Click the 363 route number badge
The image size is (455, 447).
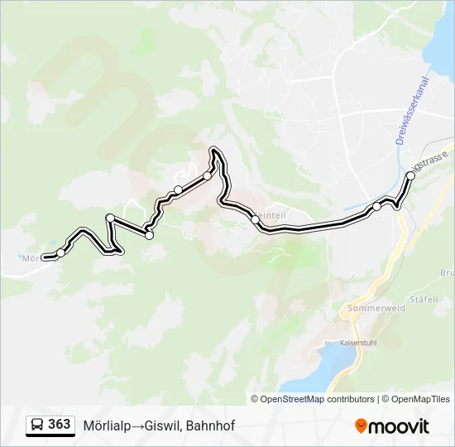pyautogui.click(x=59, y=425)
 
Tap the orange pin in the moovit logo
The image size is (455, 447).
pyautogui.click(x=361, y=425)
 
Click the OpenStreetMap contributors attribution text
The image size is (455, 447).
pyautogui.click(x=317, y=399)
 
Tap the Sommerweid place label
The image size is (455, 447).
pyautogui.click(x=377, y=308)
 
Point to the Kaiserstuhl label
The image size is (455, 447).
pyautogui.click(x=358, y=342)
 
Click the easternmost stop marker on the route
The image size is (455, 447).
pyautogui.click(x=411, y=175)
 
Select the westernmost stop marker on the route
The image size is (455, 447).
pyautogui.click(x=60, y=252)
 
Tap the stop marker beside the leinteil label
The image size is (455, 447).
pyautogui.click(x=255, y=219)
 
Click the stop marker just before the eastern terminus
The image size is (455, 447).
pyautogui.click(x=376, y=207)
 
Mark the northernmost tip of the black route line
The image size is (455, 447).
pyautogui.click(x=215, y=149)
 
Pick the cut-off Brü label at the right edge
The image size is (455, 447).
pyautogui.click(x=447, y=272)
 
